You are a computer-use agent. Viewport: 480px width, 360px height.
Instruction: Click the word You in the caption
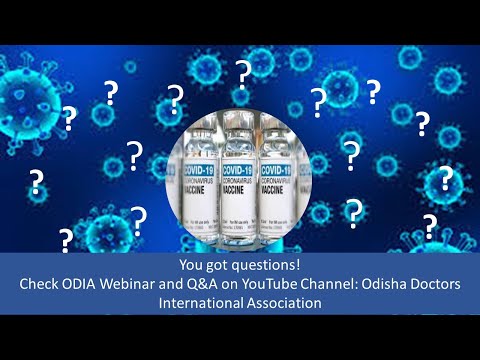click(x=192, y=266)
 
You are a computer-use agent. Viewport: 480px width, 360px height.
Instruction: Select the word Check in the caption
click(x=41, y=285)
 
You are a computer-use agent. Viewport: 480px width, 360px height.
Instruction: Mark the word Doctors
click(x=119, y=304)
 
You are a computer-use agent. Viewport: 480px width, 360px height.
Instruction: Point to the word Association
click(x=284, y=304)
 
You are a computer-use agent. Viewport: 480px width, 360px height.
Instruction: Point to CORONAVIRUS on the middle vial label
click(x=238, y=180)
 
